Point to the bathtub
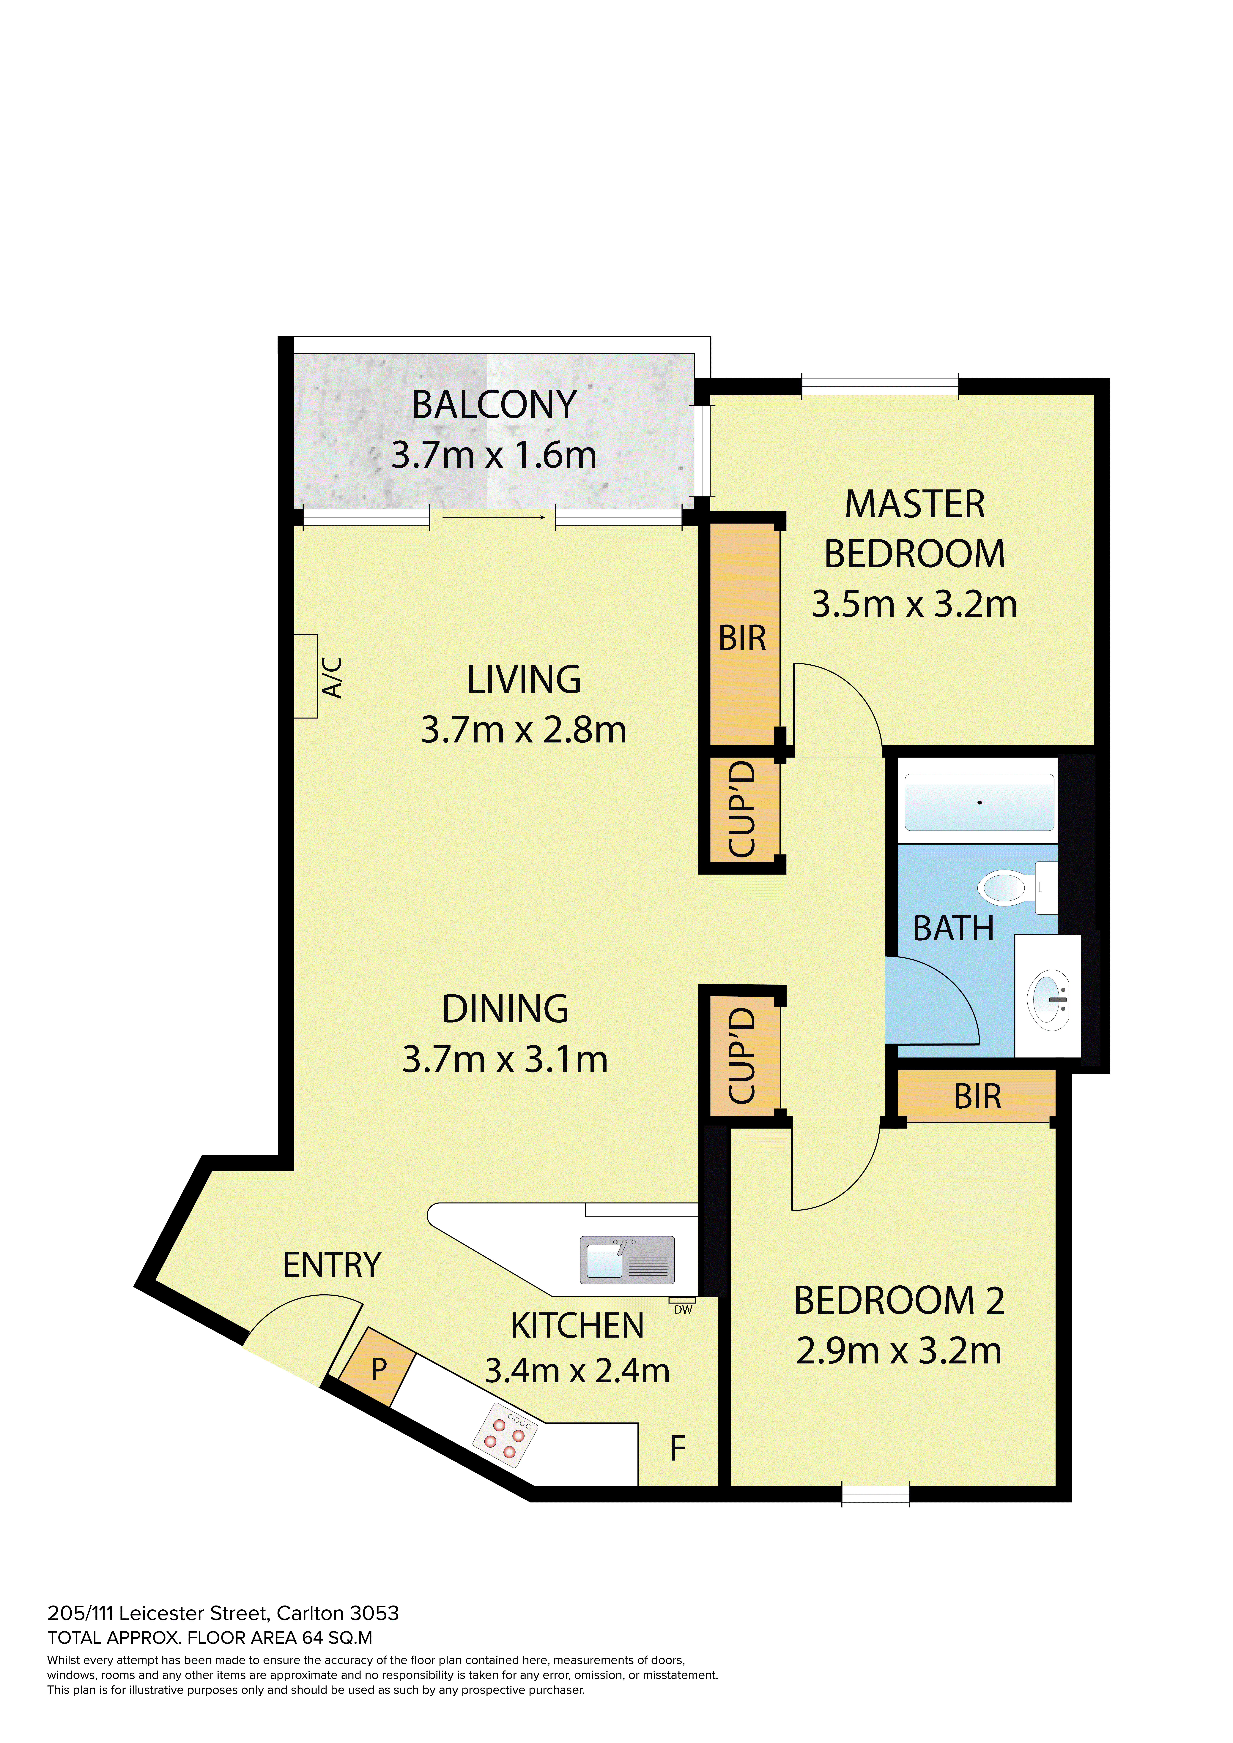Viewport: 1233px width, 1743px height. [x=980, y=802]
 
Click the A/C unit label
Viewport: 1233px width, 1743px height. [x=332, y=677]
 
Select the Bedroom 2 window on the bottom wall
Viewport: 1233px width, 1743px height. [x=875, y=1494]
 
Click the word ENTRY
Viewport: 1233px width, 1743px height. [x=332, y=1265]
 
